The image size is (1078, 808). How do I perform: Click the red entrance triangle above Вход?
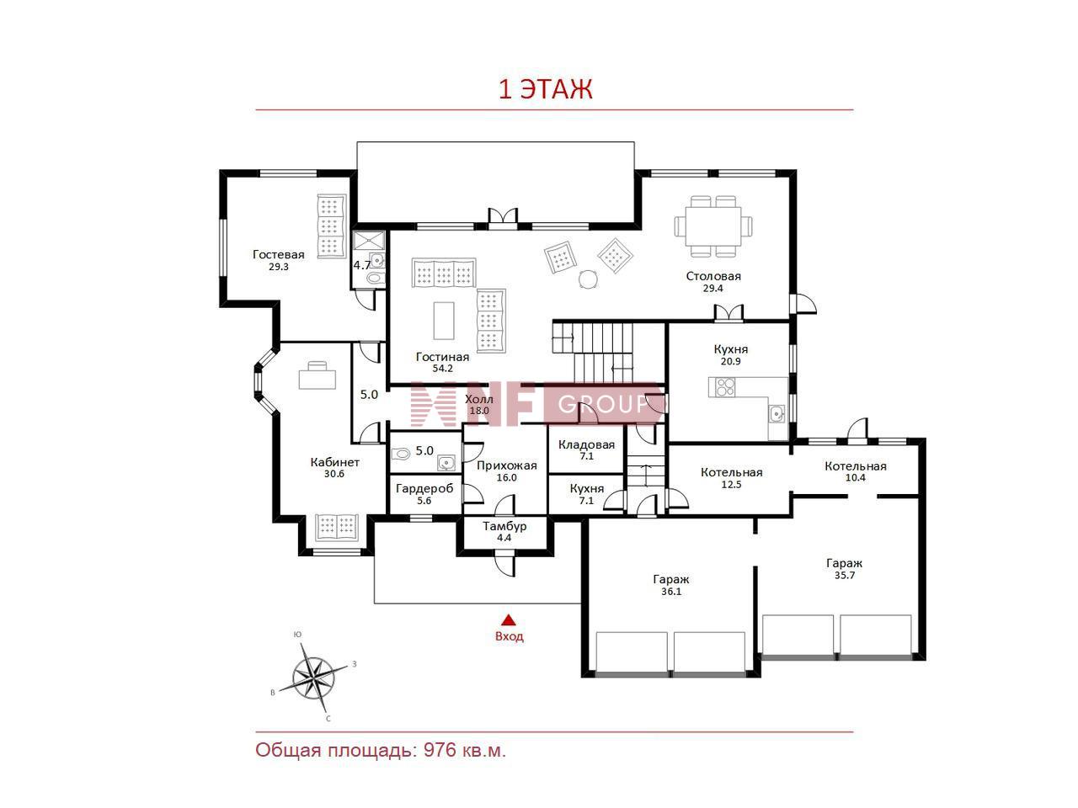pyautogui.click(x=510, y=620)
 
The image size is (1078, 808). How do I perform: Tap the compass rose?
pyautogui.click(x=312, y=678)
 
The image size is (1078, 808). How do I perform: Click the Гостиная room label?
pyautogui.click(x=442, y=357)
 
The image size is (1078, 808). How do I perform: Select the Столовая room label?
pyautogui.click(x=713, y=276)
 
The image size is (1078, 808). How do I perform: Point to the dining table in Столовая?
pyautogui.click(x=712, y=226)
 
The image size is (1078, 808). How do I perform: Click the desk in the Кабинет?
pyautogui.click(x=318, y=375)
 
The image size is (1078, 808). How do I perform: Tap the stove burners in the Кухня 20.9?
pyautogui.click(x=722, y=387)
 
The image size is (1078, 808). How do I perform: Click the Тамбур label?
pyautogui.click(x=504, y=526)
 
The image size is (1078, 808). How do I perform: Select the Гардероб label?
pyautogui.click(x=424, y=489)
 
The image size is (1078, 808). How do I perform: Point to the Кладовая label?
pyautogui.click(x=586, y=445)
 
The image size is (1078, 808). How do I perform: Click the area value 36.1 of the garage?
pyautogui.click(x=671, y=592)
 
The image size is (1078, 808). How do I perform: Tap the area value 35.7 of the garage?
pyautogui.click(x=844, y=576)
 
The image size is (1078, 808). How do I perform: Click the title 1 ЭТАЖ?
pyautogui.click(x=546, y=90)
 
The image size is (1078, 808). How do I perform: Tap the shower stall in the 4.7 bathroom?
pyautogui.click(x=369, y=241)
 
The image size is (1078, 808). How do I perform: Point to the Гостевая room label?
pyautogui.click(x=279, y=255)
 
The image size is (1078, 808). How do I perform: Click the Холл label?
pyautogui.click(x=479, y=399)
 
